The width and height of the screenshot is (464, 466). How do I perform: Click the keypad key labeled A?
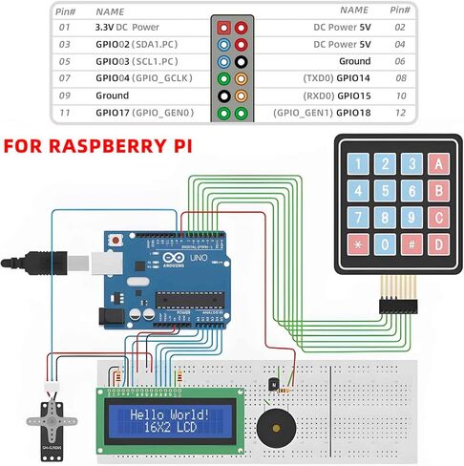pyautogui.click(x=438, y=163)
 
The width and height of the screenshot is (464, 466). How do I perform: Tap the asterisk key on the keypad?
pyautogui.click(x=358, y=244)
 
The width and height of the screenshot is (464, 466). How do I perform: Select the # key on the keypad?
pyautogui.click(x=411, y=244)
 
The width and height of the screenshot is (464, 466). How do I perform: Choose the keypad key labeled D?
pyautogui.click(x=438, y=244)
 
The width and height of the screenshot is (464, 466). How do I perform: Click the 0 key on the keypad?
pyautogui.click(x=385, y=244)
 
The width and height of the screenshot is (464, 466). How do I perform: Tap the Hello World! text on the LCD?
pyautogui.click(x=168, y=415)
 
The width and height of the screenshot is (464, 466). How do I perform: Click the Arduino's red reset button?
pyautogui.click(x=116, y=240)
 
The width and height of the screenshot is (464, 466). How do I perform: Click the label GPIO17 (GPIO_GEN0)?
pyautogui.click(x=143, y=114)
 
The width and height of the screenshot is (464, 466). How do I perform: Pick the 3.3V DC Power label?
pyautogui.click(x=126, y=29)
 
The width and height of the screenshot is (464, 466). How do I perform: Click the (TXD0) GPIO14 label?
pyautogui.click(x=337, y=79)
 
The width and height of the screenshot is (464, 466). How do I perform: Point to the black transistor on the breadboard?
pyautogui.click(x=275, y=384)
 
